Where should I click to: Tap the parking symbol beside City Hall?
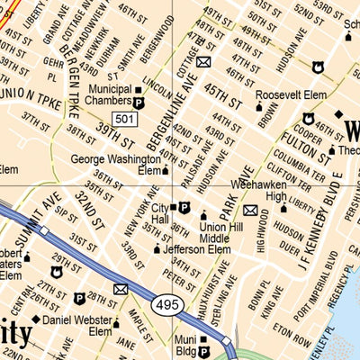184,207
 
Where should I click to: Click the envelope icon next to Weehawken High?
250,211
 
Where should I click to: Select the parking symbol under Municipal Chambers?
139,103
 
